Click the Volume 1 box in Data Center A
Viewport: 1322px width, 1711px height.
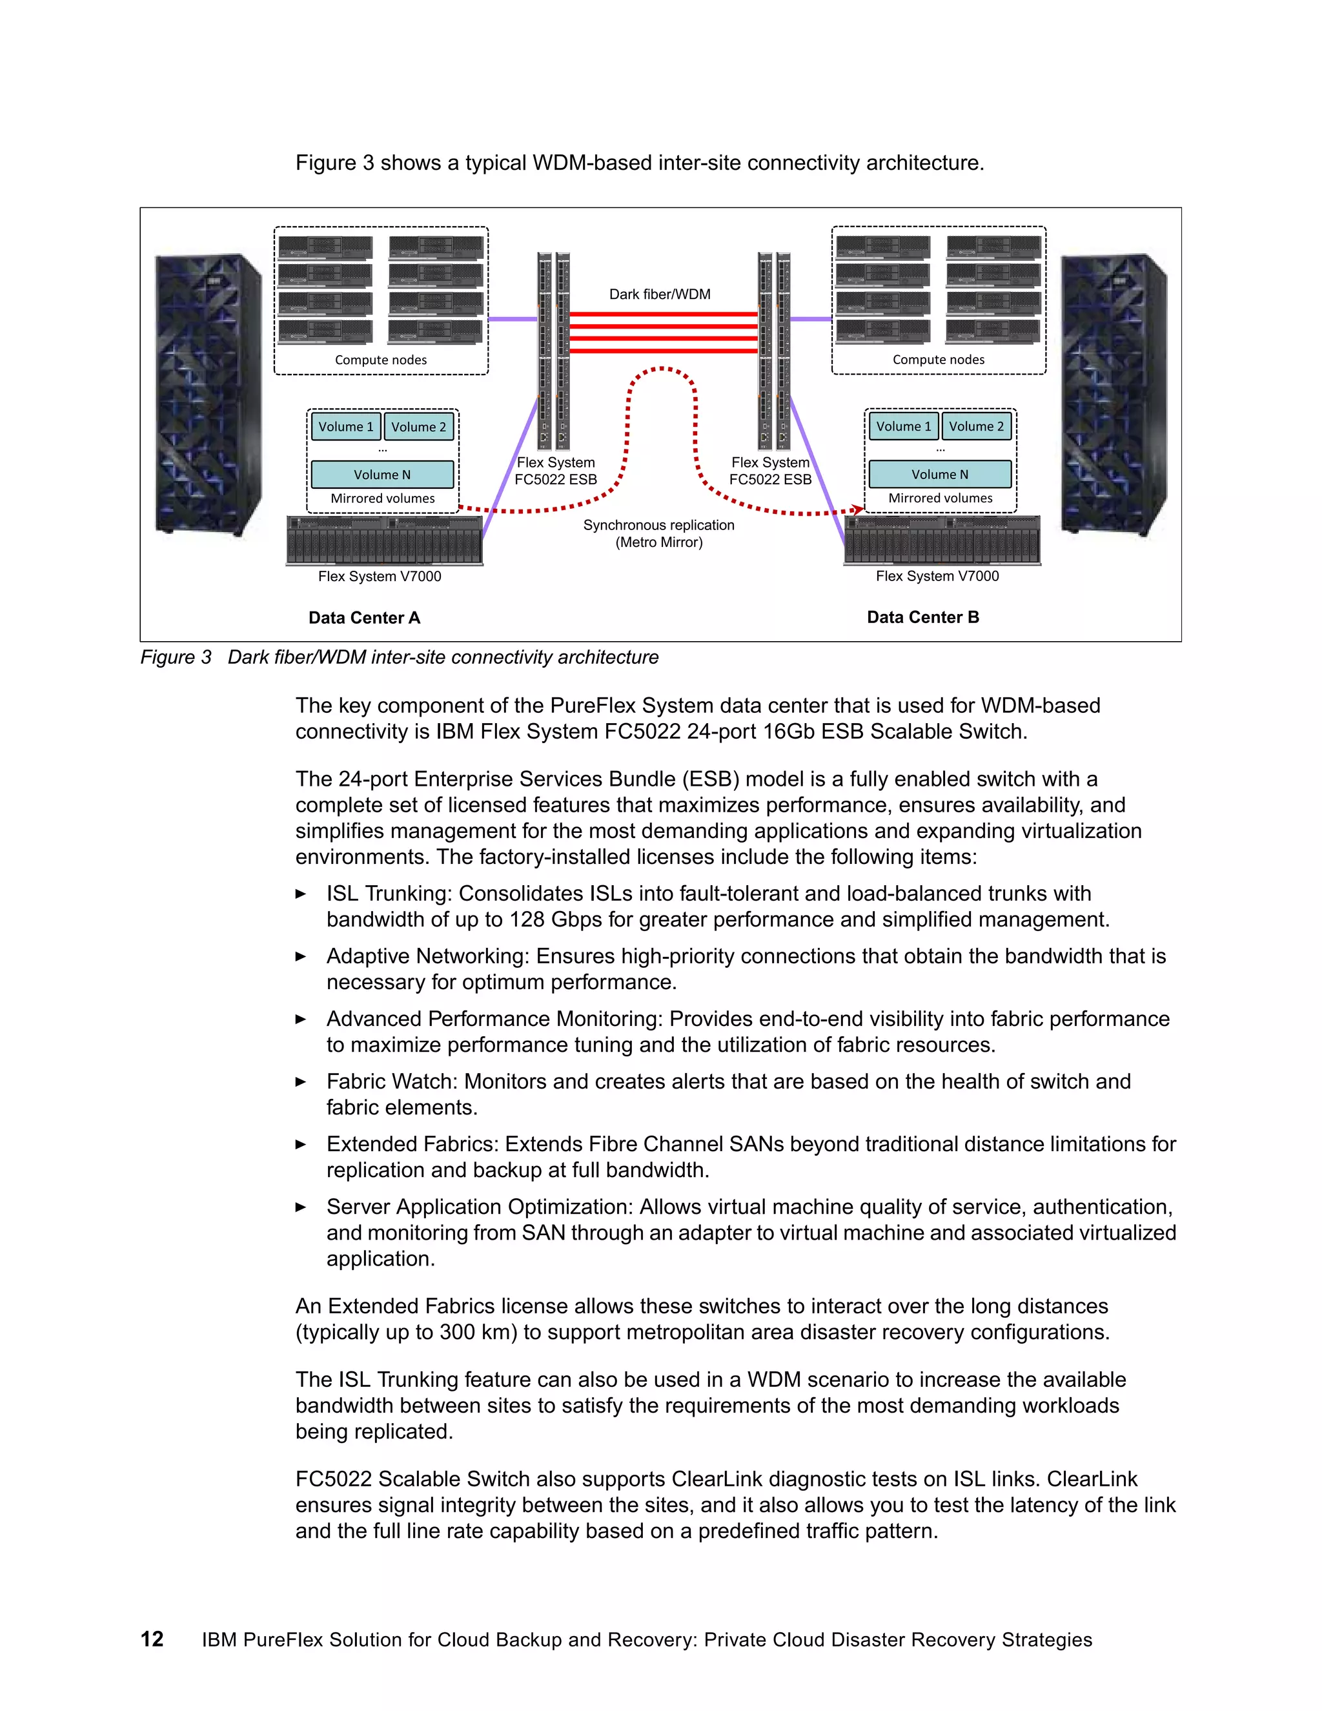tap(345, 427)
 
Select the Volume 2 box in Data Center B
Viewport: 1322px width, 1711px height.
tap(976, 427)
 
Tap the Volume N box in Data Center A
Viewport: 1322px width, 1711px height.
tap(382, 475)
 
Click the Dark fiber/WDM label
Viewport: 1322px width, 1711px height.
tap(660, 294)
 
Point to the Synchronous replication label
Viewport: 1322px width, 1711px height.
tap(658, 526)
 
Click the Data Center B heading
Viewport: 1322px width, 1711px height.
tap(922, 617)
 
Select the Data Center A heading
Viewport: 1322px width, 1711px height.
tap(364, 618)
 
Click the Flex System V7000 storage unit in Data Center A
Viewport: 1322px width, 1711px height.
tap(384, 540)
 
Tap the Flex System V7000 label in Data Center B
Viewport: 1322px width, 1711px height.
tap(937, 577)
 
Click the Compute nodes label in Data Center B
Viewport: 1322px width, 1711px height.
tap(938, 360)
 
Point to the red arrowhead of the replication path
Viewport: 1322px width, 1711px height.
tap(859, 510)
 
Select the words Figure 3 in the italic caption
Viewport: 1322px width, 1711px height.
tap(176, 657)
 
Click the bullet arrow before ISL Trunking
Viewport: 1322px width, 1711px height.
tap(301, 894)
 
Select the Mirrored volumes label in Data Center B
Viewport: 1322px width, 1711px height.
tap(940, 498)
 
